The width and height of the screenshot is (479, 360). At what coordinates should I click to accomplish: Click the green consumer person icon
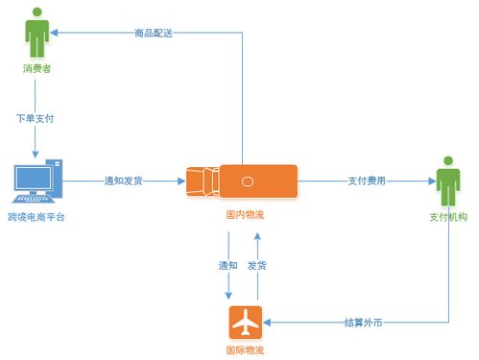(36, 34)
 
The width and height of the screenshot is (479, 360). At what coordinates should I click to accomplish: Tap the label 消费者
(36, 69)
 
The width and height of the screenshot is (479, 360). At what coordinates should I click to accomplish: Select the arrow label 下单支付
(36, 119)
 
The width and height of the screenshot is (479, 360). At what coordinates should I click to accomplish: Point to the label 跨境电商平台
(36, 217)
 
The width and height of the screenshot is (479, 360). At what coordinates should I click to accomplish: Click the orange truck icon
(242, 180)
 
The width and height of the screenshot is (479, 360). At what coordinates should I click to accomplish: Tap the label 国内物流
(245, 215)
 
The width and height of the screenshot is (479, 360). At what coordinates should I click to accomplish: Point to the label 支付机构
(447, 217)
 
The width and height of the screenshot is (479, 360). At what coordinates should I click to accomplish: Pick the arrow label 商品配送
(155, 34)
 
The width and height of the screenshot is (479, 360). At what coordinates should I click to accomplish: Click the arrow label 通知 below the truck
(228, 264)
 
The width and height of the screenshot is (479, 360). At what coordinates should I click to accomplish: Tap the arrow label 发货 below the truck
(256, 264)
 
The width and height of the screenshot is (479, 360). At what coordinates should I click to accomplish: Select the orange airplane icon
(245, 322)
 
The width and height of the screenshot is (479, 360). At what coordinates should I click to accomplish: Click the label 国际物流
(245, 348)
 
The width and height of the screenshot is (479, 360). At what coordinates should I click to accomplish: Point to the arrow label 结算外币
(364, 322)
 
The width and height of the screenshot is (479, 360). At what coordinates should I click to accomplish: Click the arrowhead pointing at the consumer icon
(57, 34)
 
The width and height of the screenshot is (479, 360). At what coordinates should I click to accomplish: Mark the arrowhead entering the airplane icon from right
(268, 322)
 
